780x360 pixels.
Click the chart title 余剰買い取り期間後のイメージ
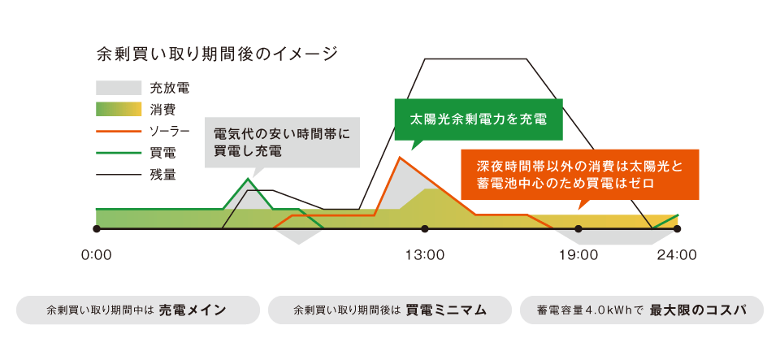[217, 54]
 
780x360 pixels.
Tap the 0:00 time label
[97, 256]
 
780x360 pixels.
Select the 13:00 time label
[425, 256]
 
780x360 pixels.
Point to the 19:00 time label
[578, 256]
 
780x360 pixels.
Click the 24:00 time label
[677, 256]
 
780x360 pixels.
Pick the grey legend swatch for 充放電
[119, 88]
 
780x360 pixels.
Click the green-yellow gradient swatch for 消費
[119, 110]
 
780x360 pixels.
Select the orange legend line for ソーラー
[119, 132]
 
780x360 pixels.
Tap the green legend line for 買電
[119, 153]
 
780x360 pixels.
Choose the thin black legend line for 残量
[119, 175]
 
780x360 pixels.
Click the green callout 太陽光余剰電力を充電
[479, 119]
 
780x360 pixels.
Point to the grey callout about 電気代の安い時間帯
[282, 142]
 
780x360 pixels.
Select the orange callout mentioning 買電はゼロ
[580, 175]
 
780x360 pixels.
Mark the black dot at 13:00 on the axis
[425, 228]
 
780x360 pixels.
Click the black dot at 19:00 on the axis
[578, 228]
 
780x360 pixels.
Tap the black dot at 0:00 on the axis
[97, 228]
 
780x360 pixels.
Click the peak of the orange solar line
[400, 157]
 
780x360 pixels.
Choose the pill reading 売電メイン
[138, 310]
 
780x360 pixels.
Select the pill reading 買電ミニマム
[390, 310]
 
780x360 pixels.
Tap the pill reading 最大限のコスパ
[642, 310]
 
